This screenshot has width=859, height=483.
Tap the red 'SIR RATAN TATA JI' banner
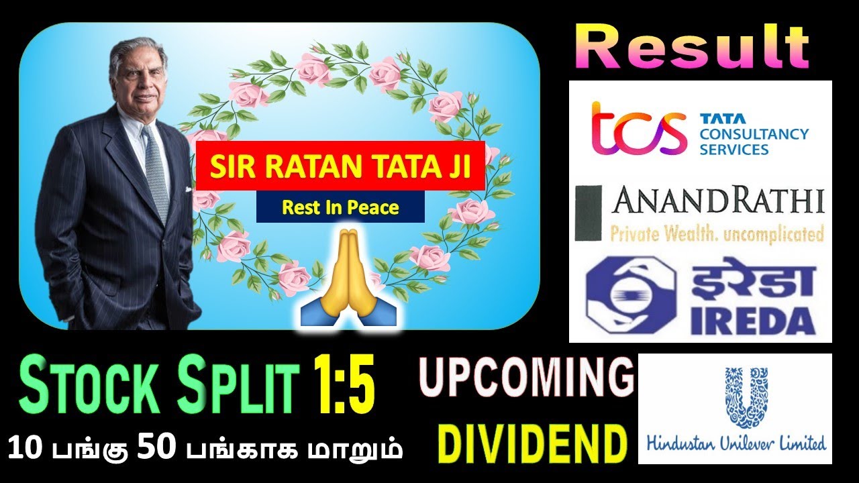tap(340, 166)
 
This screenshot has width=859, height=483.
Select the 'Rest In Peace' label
tap(340, 207)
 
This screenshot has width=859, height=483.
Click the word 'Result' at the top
tap(693, 47)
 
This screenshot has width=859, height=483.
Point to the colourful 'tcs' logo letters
tap(638, 127)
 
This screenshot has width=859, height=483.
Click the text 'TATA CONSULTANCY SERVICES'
tap(753, 133)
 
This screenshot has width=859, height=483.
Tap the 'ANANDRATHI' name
tap(717, 201)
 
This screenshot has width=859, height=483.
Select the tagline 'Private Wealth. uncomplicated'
tap(717, 234)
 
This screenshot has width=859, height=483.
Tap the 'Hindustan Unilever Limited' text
tap(736, 443)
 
